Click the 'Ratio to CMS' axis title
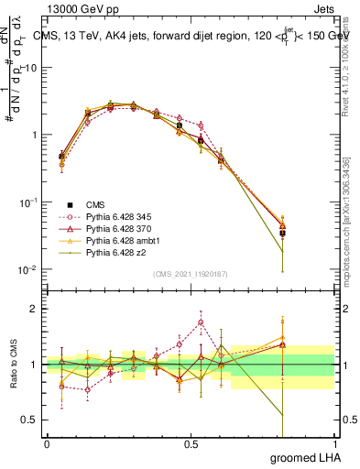pos(13,365)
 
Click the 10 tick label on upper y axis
pos(31,67)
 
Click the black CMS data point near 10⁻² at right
pos(282,234)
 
